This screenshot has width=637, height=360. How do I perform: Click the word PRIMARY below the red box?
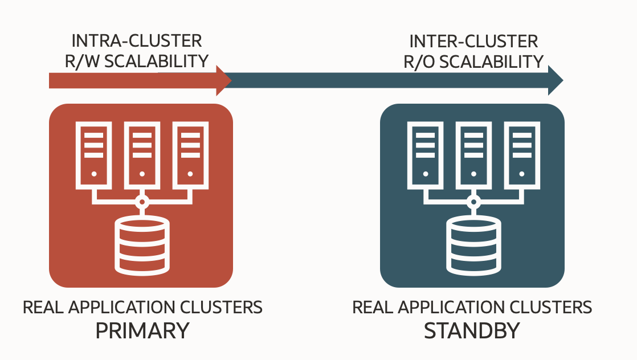click(142, 331)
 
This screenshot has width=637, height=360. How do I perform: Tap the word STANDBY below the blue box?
click(472, 331)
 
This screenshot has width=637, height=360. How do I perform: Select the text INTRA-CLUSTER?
click(136, 42)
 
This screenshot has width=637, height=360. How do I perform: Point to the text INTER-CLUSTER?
click(473, 42)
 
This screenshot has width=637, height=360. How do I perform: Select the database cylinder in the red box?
click(142, 244)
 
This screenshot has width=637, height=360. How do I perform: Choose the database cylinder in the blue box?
click(472, 244)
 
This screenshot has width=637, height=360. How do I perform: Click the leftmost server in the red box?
click(94, 154)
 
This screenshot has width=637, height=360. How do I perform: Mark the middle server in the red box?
click(142, 154)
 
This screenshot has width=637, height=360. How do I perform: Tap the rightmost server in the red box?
click(190, 154)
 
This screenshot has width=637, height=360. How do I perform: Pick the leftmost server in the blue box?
click(424, 154)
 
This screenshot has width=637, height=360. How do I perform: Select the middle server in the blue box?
click(472, 154)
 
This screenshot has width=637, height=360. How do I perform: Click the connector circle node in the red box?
click(142, 201)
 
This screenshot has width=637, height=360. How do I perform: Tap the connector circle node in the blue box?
click(472, 201)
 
